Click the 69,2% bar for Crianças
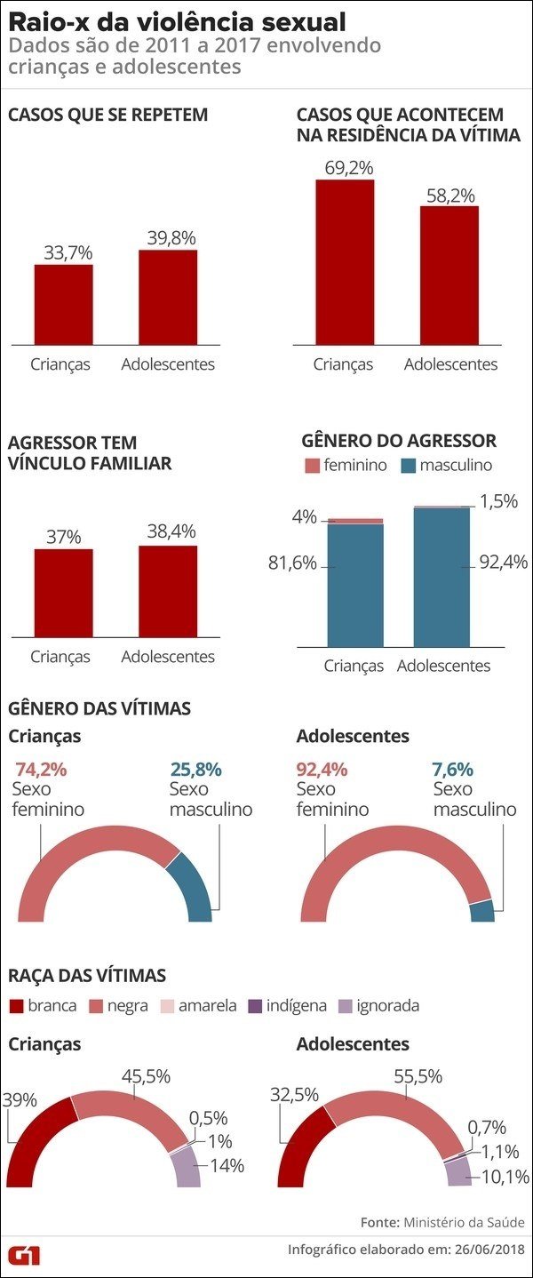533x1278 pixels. pos(345,262)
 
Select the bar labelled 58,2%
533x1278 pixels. pos(449,276)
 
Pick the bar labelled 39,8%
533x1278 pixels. pos(168,298)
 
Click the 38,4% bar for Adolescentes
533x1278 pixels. pos(168,591)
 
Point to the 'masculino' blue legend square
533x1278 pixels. pos(409,466)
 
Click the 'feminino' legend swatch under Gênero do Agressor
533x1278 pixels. pos(311,466)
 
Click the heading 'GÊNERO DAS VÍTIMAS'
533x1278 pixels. pos(99,708)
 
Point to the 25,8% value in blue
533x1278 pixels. pos(195,770)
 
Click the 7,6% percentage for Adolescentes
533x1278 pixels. pos(452,770)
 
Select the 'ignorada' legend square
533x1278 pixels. pos(346,1006)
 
